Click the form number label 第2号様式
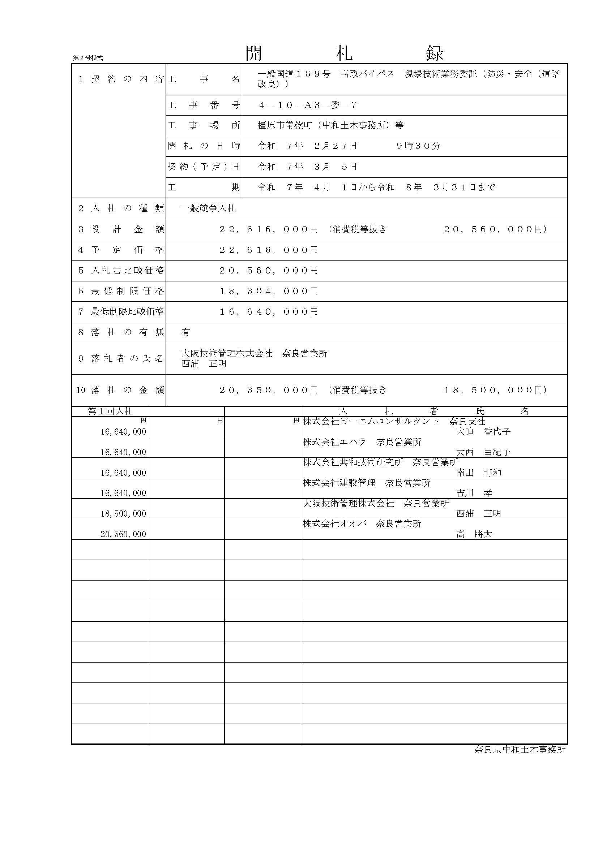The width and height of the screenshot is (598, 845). click(87, 58)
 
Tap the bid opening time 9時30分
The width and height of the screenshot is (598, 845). click(418, 146)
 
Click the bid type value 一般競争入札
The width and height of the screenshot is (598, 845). click(208, 208)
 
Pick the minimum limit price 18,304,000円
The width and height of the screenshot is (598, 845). click(269, 291)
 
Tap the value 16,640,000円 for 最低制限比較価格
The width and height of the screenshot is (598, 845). click(269, 312)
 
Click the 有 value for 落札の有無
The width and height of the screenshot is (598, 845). click(185, 332)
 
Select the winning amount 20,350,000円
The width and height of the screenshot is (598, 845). click(269, 390)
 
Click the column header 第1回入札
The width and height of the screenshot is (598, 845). click(110, 411)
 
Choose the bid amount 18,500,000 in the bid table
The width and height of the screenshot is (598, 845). click(123, 514)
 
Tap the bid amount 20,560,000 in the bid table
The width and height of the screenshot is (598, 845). click(123, 534)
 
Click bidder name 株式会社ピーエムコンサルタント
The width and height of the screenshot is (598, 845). click(371, 421)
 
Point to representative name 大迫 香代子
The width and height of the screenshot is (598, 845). click(483, 432)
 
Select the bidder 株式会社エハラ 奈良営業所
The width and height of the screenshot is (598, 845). click(362, 442)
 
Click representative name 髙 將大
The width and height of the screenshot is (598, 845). click(474, 534)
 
